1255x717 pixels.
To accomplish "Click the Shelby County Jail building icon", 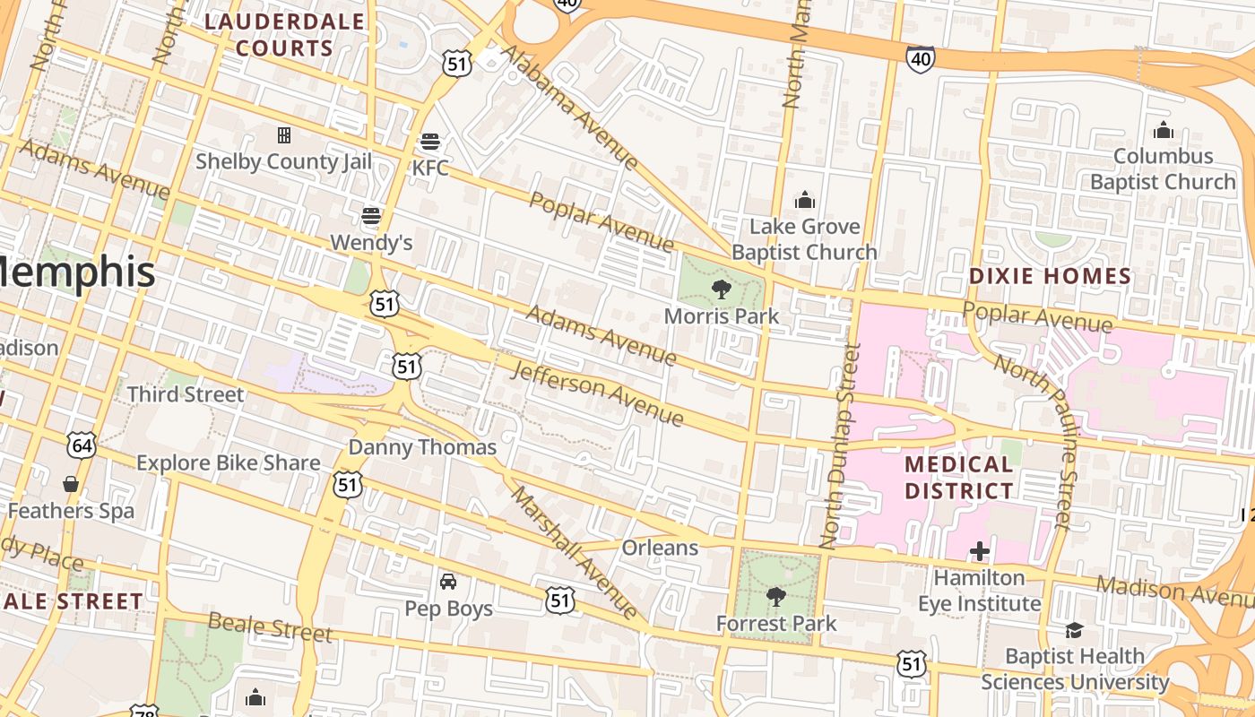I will pyautogui.click(x=284, y=135).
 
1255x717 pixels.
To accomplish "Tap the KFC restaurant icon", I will pyautogui.click(x=430, y=142).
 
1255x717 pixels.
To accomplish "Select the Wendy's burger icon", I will pyautogui.click(x=371, y=216).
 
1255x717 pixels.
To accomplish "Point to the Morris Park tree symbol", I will pyautogui.click(x=721, y=289).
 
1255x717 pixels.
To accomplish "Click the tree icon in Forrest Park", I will pyautogui.click(x=776, y=596).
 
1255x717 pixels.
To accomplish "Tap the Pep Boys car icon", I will pyautogui.click(x=448, y=582).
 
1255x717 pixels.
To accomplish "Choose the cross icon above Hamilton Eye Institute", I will pyautogui.click(x=979, y=551).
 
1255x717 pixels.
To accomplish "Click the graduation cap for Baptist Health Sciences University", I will pyautogui.click(x=1074, y=630).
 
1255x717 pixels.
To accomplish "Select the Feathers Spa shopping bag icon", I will pyautogui.click(x=71, y=485).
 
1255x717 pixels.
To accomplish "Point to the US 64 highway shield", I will pyautogui.click(x=82, y=445).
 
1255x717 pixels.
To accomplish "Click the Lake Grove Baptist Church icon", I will pyautogui.click(x=804, y=199).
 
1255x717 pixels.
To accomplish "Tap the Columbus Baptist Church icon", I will pyautogui.click(x=1164, y=130).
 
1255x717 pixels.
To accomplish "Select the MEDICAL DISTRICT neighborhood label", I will pyautogui.click(x=959, y=478).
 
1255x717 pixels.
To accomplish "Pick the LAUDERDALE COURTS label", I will pyautogui.click(x=284, y=35).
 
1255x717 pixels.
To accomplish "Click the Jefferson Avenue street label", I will pyautogui.click(x=597, y=393).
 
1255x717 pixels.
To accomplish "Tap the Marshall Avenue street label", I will pyautogui.click(x=574, y=553).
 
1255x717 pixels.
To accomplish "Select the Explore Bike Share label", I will pyautogui.click(x=228, y=463).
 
